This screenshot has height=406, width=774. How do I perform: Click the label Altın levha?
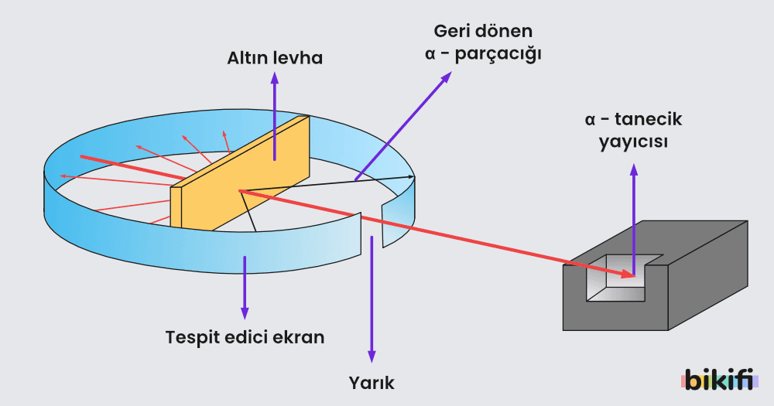tap(274, 58)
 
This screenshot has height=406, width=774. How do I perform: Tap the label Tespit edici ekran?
tap(245, 338)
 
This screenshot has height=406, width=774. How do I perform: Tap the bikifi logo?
tap(720, 380)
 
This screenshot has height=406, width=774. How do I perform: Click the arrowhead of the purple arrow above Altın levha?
tap(274, 77)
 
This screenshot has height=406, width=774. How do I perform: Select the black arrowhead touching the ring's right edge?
tap(410, 177)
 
